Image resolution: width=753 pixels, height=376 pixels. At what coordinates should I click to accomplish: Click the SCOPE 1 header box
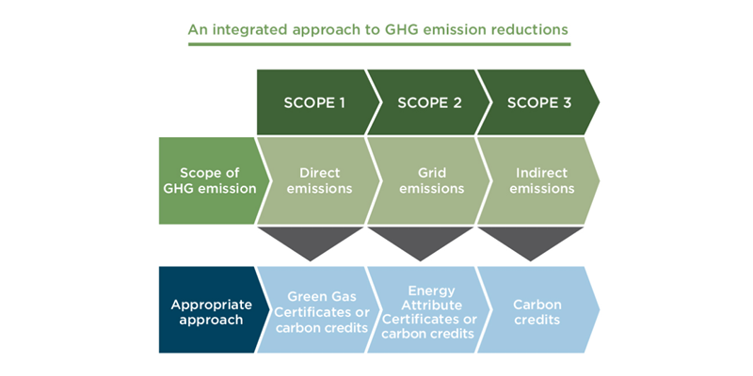point(314,102)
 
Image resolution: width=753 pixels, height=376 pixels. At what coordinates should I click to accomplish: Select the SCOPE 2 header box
point(428,102)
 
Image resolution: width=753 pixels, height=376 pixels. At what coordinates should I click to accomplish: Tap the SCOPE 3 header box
point(538,102)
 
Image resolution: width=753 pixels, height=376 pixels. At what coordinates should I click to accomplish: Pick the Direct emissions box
point(319,180)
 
